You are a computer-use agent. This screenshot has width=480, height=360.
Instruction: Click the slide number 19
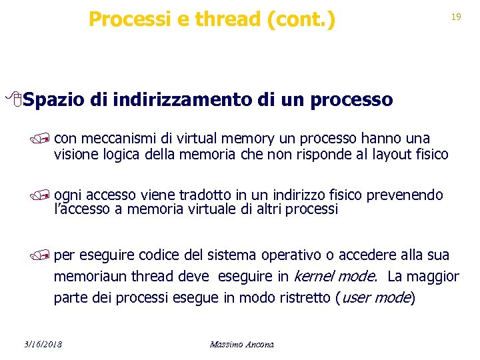[456, 17]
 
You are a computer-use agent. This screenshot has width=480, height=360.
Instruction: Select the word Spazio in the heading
[53, 100]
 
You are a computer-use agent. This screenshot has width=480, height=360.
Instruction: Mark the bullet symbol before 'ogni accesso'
[44, 196]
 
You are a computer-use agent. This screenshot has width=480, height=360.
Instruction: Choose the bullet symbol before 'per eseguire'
[44, 256]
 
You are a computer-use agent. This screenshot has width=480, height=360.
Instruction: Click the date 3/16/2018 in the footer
[41, 344]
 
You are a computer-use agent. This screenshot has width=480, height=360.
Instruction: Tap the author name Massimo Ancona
[241, 344]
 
